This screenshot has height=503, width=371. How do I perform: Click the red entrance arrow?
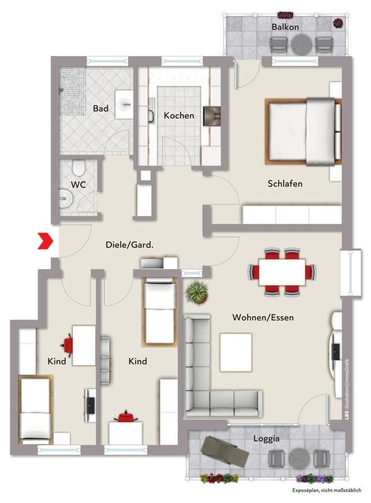(x=46, y=241)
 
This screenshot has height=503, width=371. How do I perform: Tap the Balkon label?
(x=285, y=27)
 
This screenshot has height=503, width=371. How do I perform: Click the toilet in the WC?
(x=78, y=167)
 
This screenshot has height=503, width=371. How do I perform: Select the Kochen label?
(x=179, y=115)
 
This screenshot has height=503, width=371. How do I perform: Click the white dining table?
(x=282, y=272)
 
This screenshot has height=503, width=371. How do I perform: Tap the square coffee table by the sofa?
(x=236, y=352)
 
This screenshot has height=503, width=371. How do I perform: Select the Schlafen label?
(x=285, y=184)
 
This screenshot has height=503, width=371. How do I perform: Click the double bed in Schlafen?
(x=303, y=132)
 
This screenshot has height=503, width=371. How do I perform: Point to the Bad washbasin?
(x=125, y=104)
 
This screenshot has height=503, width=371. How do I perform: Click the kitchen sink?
(x=152, y=115)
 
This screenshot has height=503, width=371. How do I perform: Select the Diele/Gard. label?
(x=129, y=245)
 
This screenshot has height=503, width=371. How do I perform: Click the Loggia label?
(x=266, y=439)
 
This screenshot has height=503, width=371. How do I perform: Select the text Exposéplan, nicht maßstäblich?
(x=327, y=490)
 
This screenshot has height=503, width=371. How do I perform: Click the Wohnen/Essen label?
(x=263, y=318)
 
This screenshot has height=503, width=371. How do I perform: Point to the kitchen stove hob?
(x=212, y=116)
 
